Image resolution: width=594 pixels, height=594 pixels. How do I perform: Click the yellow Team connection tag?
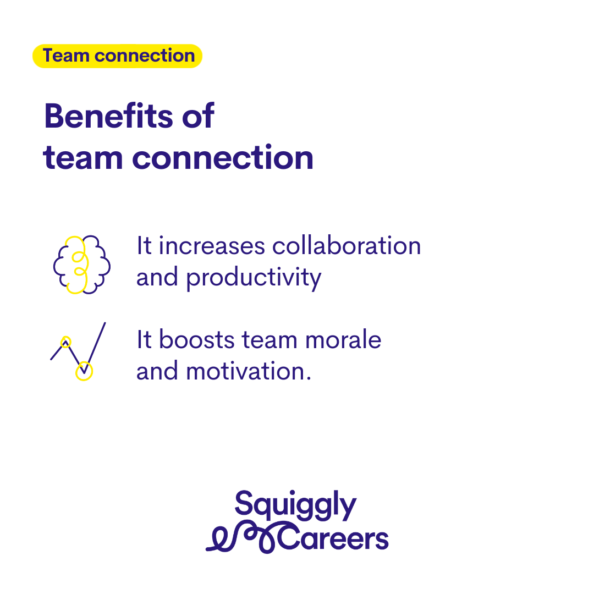click(118, 56)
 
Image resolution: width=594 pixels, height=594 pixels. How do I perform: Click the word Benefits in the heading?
click(109, 116)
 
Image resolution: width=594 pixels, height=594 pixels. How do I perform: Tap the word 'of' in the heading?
click(198, 116)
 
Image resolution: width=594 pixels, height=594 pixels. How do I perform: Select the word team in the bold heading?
click(83, 158)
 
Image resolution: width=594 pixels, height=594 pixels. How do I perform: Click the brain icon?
click(82, 265)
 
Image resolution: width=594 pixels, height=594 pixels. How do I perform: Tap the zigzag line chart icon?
click(78, 351)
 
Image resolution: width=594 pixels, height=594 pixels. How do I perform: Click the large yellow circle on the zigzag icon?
click(84, 371)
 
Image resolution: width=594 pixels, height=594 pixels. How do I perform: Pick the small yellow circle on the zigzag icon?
click(66, 342)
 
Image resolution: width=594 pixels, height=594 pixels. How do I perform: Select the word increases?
click(212, 246)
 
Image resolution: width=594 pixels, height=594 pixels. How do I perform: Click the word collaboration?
click(346, 245)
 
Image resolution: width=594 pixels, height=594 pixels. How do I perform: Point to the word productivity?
click(254, 278)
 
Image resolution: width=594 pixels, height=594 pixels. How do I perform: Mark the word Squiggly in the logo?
click(295, 505)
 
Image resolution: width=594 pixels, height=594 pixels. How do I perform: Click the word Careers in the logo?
click(333, 538)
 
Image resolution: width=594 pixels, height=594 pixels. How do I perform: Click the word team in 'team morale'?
click(269, 340)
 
